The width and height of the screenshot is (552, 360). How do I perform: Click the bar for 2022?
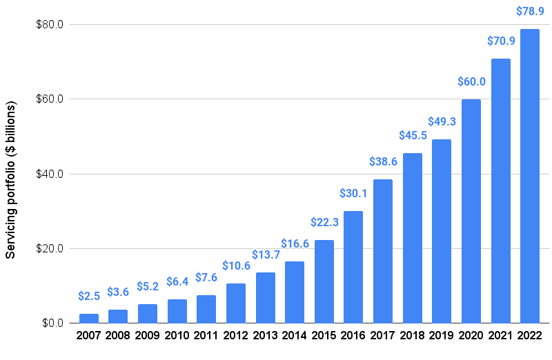(x=530, y=176)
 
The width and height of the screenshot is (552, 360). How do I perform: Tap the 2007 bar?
(x=89, y=319)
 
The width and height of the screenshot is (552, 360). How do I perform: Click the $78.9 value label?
(x=530, y=12)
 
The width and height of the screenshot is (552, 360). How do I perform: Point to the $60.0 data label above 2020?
(x=471, y=81)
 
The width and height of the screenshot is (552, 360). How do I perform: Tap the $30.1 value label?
(x=353, y=193)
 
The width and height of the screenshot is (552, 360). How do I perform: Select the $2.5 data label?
(x=89, y=296)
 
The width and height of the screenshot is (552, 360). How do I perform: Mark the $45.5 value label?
(x=413, y=135)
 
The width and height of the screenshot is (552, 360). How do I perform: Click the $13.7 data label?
(x=266, y=254)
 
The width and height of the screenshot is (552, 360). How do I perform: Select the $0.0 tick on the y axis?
(x=51, y=323)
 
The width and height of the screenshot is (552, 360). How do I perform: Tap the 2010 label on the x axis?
(x=177, y=336)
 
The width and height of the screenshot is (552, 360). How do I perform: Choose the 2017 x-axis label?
(x=383, y=336)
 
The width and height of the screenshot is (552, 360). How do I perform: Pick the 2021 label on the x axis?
(x=500, y=336)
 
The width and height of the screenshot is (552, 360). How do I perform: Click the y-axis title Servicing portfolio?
(x=11, y=181)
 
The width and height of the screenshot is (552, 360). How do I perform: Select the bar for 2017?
(x=383, y=251)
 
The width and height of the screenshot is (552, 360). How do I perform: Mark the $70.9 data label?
(x=500, y=41)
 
